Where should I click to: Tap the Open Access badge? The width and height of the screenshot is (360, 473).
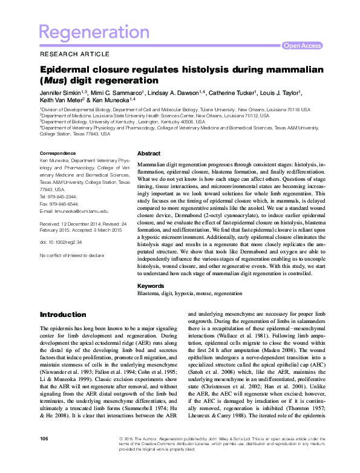[x=303, y=45]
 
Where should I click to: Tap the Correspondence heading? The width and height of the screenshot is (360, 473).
[x=57, y=153]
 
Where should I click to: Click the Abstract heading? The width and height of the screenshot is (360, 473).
[x=149, y=154]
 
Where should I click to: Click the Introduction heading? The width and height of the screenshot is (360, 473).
[x=63, y=315]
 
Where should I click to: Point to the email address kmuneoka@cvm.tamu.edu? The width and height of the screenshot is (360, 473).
[x=80, y=211]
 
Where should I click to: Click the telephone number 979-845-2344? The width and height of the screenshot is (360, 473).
[x=62, y=197]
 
